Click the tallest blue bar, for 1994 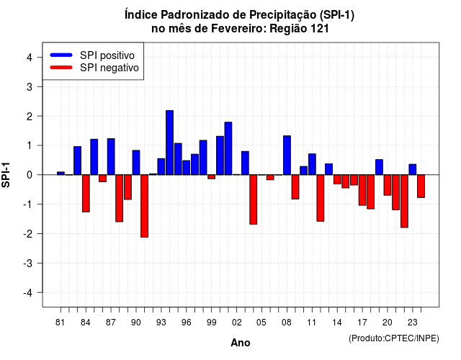pos(170,143)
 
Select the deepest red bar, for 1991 pos(144,206)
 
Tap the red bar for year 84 pos(86,194)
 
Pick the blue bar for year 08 pos(287,156)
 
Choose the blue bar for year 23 pos(413,170)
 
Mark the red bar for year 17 pos(362,190)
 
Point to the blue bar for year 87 pos(111,157)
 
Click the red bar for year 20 pos(388,185)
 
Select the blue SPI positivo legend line pos(61,55)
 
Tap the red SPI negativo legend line pos(61,68)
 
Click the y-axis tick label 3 pos(30,87)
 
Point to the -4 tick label pos(28,293)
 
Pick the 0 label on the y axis pos(30,175)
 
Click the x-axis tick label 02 pos(237,323)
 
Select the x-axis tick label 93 pos(161,323)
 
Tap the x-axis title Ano pos(241,343)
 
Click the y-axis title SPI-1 pos(6,175)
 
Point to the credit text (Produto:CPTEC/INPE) pos(394,338)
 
